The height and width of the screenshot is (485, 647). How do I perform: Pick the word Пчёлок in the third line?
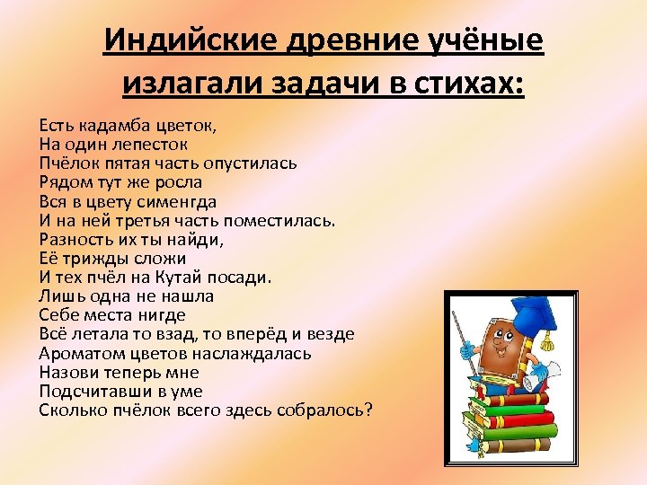[x=66, y=163]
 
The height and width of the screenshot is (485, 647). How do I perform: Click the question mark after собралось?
[x=368, y=410]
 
